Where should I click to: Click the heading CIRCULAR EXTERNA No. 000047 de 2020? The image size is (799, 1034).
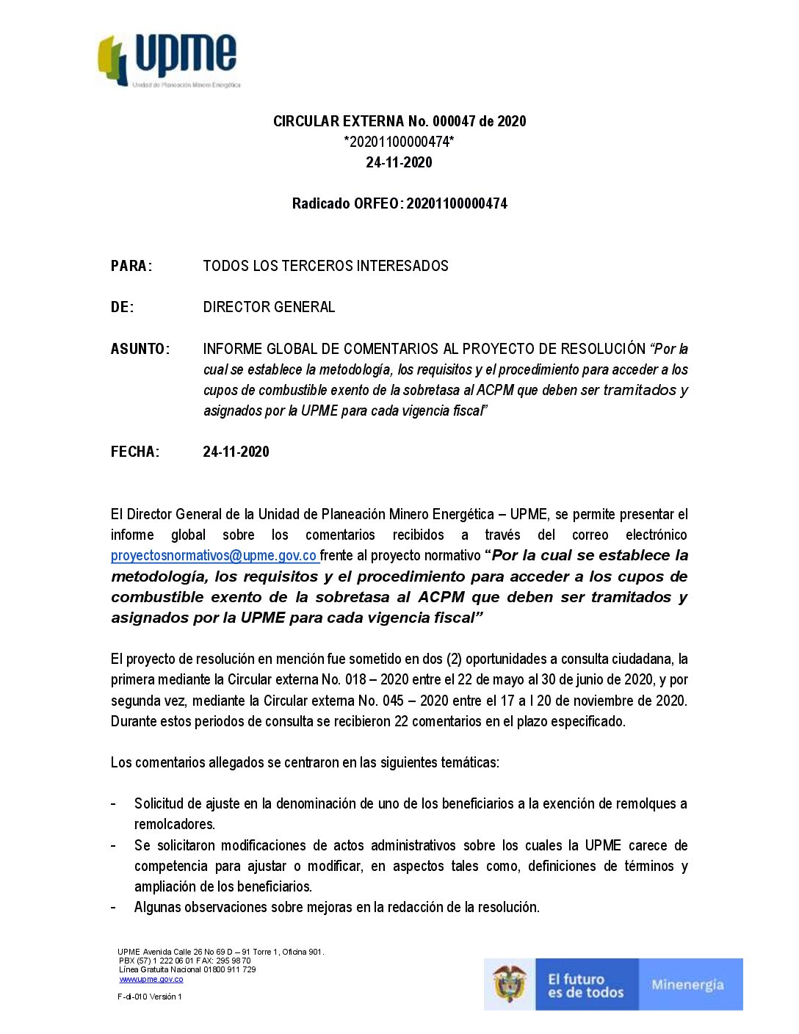coord(399,121)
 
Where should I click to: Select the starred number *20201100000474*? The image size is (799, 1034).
coord(399,142)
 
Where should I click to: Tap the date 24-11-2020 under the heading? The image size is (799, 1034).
coord(399,162)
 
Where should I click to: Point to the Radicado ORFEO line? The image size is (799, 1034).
coord(399,203)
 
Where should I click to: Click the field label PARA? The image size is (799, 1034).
coord(131,266)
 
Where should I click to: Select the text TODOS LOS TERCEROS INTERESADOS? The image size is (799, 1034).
coord(325,266)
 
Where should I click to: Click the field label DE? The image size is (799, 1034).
coord(123,307)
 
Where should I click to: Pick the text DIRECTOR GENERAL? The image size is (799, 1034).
coord(269,307)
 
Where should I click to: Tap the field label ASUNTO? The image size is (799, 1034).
coord(140,349)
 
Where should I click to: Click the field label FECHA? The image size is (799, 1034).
coord(135,452)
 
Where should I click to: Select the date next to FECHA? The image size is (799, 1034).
coord(236,452)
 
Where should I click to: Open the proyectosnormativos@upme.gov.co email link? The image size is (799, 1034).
coord(214,556)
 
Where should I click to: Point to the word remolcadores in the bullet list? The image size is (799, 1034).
coord(174,824)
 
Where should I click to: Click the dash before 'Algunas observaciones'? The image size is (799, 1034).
coord(113,907)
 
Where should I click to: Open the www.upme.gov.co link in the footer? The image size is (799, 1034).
coord(151,979)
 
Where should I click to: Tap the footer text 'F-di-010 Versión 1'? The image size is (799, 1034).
coord(150,997)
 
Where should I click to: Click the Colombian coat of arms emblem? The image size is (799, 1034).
coord(510,984)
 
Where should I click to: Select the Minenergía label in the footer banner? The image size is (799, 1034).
coord(687,985)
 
